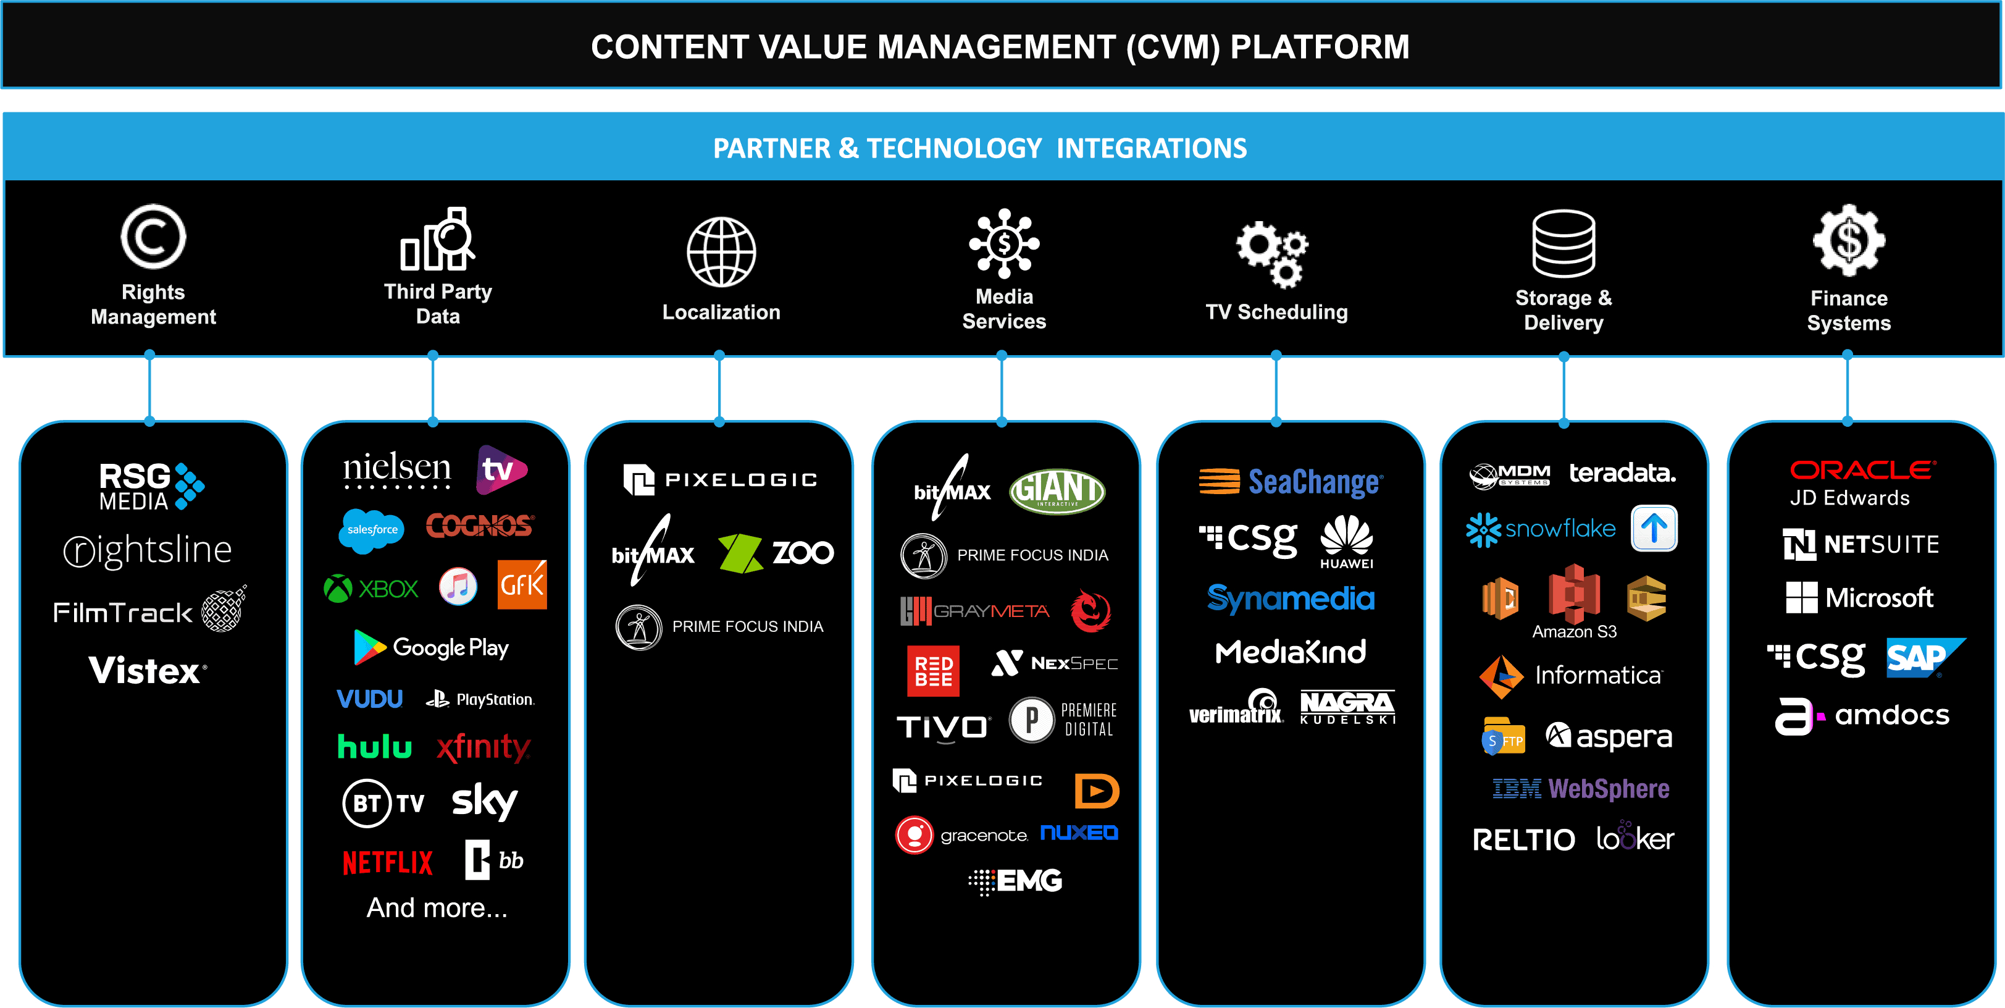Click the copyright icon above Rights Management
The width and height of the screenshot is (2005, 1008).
153,237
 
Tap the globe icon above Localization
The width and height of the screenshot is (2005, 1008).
721,252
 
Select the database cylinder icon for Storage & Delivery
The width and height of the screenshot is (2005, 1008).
1563,243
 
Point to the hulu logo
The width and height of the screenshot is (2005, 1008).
374,747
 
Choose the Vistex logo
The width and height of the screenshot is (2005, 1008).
148,671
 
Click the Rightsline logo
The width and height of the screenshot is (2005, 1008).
148,550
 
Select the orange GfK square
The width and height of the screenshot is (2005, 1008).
522,584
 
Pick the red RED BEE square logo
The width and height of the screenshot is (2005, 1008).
933,670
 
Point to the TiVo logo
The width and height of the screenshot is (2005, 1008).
942,727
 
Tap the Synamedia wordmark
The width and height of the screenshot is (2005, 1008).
1291,598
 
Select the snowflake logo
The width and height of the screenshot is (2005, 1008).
1540,529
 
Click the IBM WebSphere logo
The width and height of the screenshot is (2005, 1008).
1581,789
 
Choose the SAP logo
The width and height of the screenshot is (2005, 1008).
1922,658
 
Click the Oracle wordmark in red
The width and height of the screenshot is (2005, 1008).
1862,470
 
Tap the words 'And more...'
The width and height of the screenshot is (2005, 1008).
437,907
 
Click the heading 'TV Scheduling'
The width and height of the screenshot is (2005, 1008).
1276,312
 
